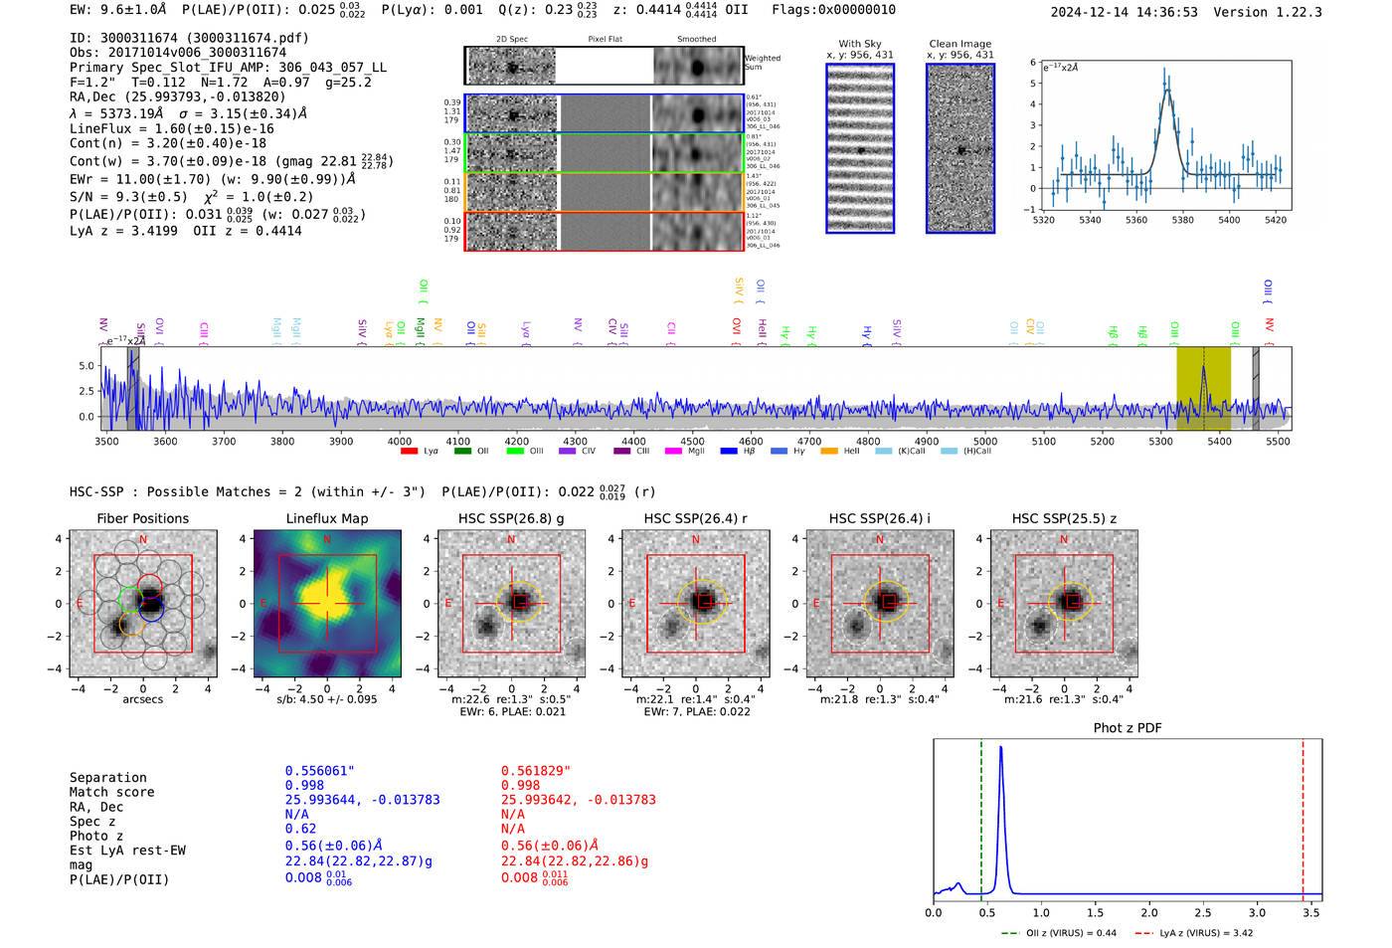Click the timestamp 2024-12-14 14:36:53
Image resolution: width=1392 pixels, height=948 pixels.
pos(1124,12)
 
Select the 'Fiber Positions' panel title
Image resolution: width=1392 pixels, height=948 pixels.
pos(142,518)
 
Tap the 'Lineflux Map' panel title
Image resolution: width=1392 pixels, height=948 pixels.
pos(326,518)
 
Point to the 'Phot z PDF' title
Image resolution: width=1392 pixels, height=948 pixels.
pos(1128,728)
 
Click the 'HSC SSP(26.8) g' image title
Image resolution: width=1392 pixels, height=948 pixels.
pos(511,518)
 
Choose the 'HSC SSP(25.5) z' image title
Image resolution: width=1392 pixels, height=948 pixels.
pos(1064,518)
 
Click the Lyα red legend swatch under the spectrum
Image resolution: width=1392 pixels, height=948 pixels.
pos(409,452)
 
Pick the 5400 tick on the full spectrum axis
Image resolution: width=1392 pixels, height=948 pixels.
pos(1219,442)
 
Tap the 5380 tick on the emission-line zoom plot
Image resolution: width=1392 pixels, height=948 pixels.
pos(1182,220)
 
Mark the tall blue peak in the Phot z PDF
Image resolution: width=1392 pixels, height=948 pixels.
pos(1000,748)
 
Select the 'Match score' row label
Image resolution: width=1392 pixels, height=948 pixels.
pos(111,793)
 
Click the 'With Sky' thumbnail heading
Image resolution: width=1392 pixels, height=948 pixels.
pos(859,44)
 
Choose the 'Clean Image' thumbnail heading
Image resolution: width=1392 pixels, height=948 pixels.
pos(959,44)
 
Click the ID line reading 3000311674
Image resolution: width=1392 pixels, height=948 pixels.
pos(189,38)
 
